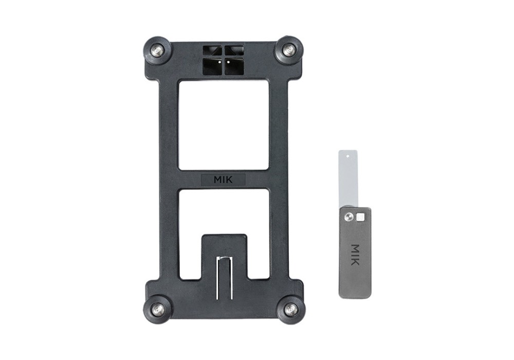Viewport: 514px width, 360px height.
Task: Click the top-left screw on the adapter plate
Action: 157,50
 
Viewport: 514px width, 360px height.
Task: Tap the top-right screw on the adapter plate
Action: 289,50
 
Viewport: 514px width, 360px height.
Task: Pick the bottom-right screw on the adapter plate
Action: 290,309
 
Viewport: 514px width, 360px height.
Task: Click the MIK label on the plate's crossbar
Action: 223,179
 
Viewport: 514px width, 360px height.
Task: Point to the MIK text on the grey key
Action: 355,255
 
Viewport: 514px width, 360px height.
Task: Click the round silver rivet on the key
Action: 349,217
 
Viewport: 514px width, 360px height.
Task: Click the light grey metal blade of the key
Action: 347,178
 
